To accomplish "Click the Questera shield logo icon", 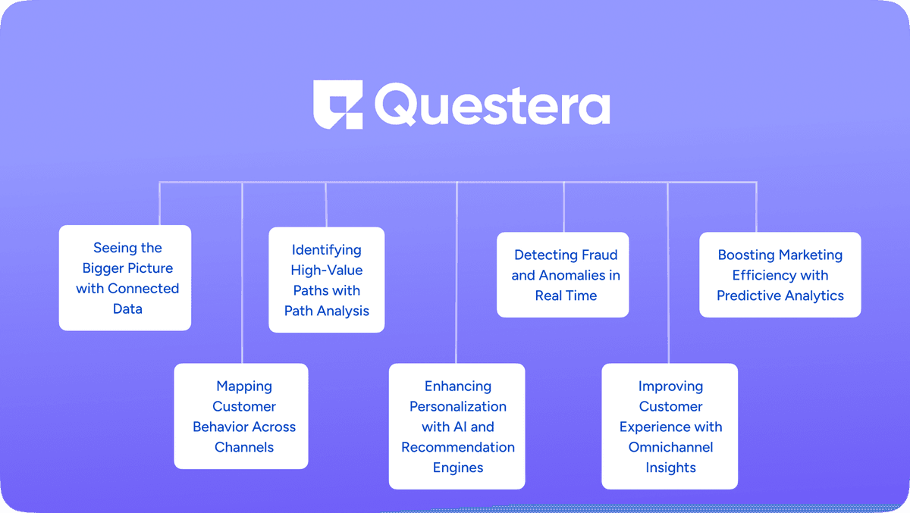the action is (337, 105).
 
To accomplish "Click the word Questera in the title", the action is (492, 105).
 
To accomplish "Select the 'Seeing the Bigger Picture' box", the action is (125, 278).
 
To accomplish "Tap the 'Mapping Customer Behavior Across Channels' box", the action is (241, 416).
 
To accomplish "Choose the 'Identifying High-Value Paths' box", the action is (327, 280).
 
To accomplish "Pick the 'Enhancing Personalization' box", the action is (457, 426).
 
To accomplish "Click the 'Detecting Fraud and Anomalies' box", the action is (563, 275).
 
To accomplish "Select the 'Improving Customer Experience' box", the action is (670, 426).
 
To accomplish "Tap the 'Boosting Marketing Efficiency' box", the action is (780, 275).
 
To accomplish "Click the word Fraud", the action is (600, 255).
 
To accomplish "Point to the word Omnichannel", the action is (670, 447).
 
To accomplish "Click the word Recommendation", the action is (458, 447).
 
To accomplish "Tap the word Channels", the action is (244, 447).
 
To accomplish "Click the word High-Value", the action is (327, 271).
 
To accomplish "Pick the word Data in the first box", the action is (127, 309).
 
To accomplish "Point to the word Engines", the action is (458, 468).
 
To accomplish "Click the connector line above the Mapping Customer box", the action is (242, 273).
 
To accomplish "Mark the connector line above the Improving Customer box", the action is (668, 273).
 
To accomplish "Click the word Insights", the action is (670, 468).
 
